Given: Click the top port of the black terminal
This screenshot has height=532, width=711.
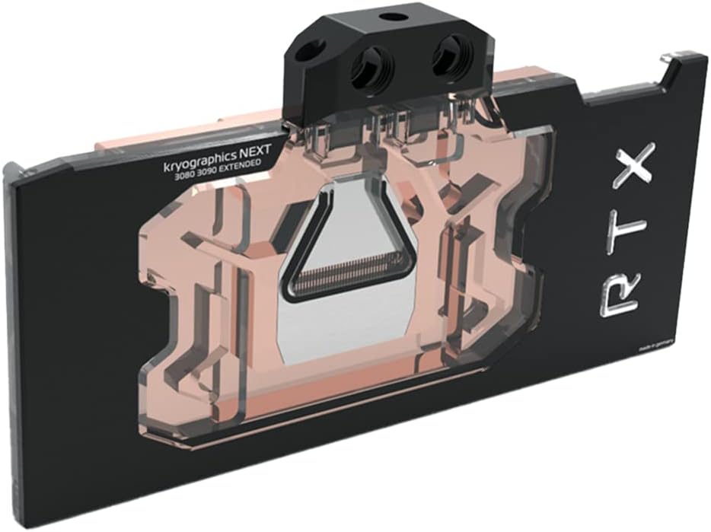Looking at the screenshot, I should pos(391,16).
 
